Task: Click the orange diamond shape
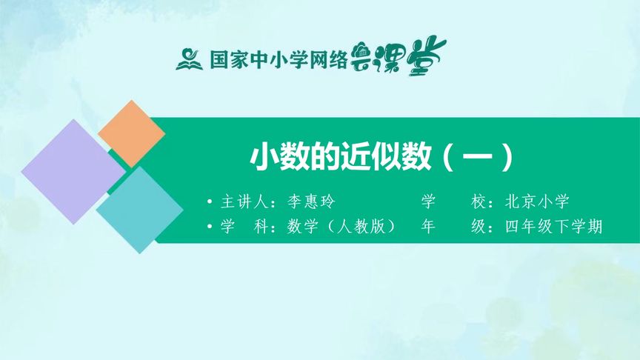coord(131,133)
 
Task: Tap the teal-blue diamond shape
coord(139,210)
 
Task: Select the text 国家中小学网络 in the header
coord(279,60)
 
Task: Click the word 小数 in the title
coord(273,158)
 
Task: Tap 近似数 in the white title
coord(387,158)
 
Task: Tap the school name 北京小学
coord(539,202)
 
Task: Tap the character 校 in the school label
coord(478,202)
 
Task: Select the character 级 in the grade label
coord(478,227)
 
